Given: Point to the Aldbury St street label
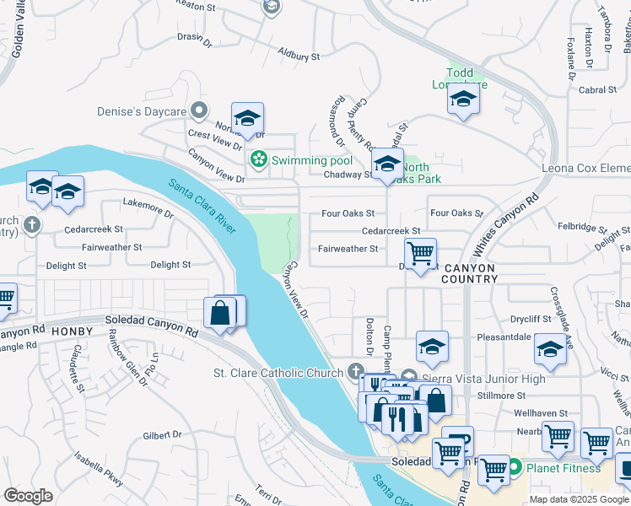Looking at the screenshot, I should point(299,56).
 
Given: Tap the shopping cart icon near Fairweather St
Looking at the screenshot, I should point(420,251).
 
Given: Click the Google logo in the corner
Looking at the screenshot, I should point(28,496).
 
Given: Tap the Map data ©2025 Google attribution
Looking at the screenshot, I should point(579,499).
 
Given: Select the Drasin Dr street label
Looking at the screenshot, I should point(193,37).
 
